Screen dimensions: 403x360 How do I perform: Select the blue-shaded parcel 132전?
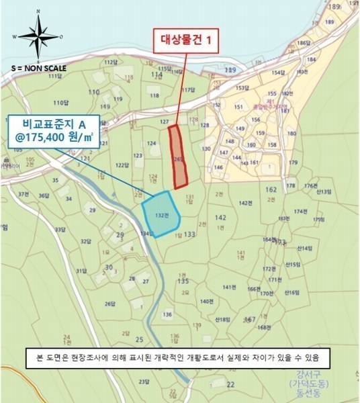pos(159,214)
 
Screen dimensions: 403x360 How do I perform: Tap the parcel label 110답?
pos(61,103)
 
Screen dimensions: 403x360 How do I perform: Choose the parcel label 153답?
pos(242,88)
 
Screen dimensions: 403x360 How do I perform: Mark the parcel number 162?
pos(271,190)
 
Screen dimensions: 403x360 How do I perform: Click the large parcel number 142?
pos(220,218)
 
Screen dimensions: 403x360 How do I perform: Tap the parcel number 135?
pos(182,282)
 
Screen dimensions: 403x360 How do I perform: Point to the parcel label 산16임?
pos(291,292)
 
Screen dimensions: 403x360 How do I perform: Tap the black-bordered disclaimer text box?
pos(179,355)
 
